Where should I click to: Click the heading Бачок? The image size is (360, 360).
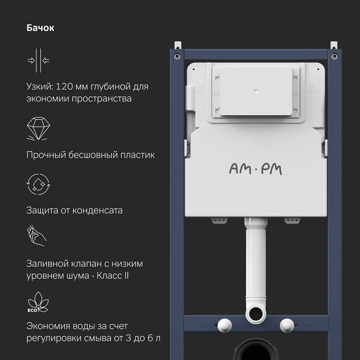pyautogui.click(x=40, y=28)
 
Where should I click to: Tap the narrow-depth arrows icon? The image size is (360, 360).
pyautogui.click(x=39, y=60)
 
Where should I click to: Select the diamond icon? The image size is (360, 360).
pyautogui.click(x=39, y=129)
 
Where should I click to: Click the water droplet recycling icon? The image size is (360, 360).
pyautogui.click(x=39, y=184)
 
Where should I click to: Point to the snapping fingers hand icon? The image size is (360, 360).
pyautogui.click(x=37, y=236)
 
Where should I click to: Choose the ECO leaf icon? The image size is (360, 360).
pyautogui.click(x=38, y=302)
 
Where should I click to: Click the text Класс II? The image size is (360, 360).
pyautogui.click(x=113, y=275)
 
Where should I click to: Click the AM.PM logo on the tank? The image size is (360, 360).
pyautogui.click(x=256, y=169)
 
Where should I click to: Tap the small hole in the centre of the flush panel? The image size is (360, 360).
pyautogui.click(x=256, y=91)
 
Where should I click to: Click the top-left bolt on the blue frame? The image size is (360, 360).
pyautogui.click(x=176, y=56)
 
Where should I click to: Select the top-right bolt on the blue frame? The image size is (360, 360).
pyautogui.click(x=335, y=56)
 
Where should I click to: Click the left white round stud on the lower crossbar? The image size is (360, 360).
pyautogui.click(x=225, y=325)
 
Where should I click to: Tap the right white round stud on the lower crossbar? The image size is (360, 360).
pyautogui.click(x=287, y=325)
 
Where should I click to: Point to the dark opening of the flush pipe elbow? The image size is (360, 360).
pyautogui.click(x=256, y=314)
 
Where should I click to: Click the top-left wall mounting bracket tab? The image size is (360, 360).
pyautogui.click(x=178, y=45)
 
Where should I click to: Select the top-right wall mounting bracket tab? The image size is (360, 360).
pyautogui.click(x=334, y=45)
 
